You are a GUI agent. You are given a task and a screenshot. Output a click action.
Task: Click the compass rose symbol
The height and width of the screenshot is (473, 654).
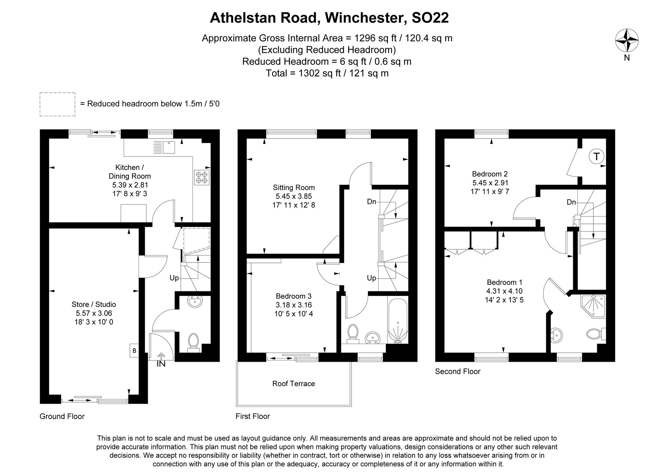pos(627,41)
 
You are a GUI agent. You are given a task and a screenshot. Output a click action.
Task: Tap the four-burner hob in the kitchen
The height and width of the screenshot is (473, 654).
pos(202,177)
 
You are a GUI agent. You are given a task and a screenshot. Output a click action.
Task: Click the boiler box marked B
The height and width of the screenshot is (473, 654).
pos(134,351)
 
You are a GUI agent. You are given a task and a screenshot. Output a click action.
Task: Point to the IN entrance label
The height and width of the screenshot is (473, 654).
pos(161,364)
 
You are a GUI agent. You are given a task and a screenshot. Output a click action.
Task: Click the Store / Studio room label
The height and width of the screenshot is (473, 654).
pos(94,304)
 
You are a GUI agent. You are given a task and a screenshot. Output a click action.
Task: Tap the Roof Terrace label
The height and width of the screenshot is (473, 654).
pos(294,384)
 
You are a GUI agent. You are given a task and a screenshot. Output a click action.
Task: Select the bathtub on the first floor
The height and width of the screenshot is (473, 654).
pos(398,320)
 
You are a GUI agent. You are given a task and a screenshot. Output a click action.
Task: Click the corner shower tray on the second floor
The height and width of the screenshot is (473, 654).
pos(593,306)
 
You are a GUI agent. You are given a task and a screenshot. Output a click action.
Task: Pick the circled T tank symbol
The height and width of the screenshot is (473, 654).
pos(596,157)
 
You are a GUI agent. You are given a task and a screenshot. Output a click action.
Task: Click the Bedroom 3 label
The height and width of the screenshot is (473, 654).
pos(294,296)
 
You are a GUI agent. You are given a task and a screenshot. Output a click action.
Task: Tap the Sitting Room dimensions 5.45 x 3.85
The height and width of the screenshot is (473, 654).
pos(294,196)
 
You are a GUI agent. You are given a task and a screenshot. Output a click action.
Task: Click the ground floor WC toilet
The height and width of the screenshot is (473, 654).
pos(194,341)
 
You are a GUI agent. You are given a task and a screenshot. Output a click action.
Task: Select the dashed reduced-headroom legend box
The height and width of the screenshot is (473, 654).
pos(58,104)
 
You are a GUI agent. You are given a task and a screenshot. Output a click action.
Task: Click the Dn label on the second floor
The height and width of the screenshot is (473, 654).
pos(571,202)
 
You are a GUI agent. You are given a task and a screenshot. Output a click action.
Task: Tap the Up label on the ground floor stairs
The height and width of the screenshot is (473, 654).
pos(174,278)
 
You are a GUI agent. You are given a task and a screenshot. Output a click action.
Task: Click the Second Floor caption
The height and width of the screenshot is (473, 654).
pos(457,372)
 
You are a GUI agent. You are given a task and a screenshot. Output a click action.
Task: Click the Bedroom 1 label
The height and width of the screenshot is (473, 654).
pos(505,282)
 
